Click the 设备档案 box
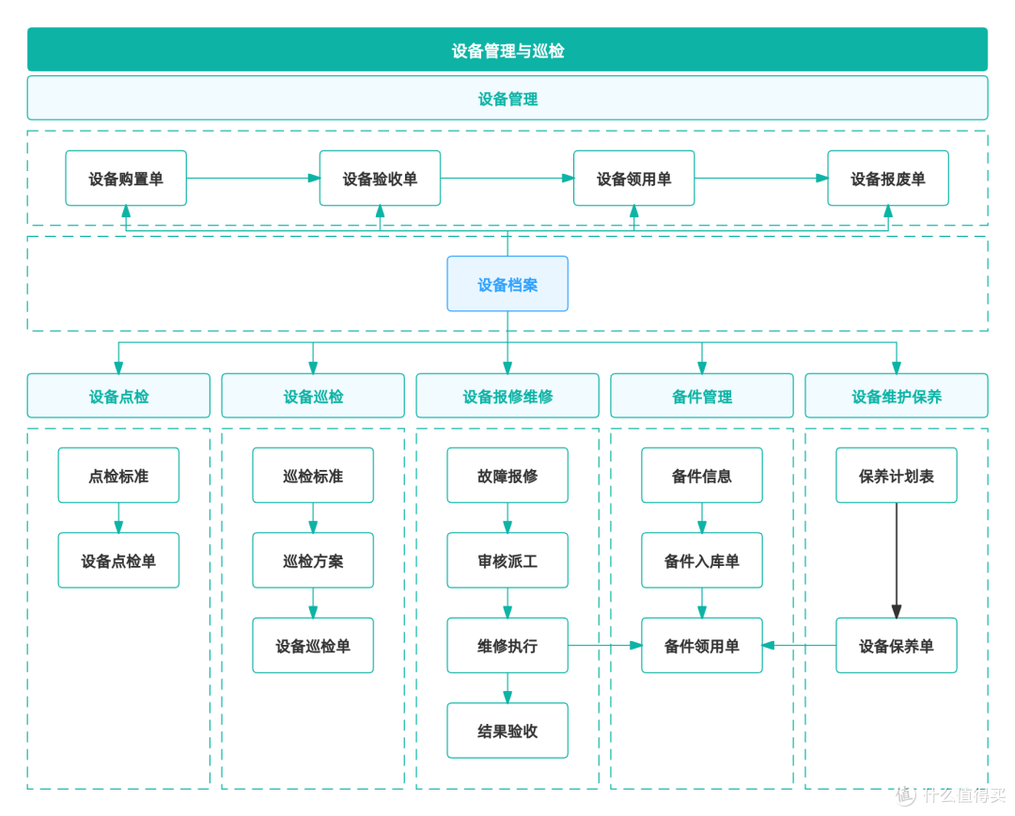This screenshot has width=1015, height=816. (507, 284)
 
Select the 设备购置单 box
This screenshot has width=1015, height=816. (126, 179)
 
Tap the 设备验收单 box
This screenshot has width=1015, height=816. (380, 179)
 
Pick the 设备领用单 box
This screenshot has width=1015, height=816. (634, 179)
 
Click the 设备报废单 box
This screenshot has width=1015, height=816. (888, 179)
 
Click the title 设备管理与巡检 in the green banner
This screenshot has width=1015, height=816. (507, 51)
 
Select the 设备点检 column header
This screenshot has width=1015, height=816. (118, 396)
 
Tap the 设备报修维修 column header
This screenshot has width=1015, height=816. (507, 396)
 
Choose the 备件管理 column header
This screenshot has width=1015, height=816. (702, 396)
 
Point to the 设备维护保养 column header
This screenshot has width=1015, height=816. (897, 396)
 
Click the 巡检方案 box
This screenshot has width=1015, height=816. (313, 560)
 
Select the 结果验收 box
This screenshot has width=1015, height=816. (507, 730)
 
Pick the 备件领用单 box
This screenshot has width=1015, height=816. (702, 646)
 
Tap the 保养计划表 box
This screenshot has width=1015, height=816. (897, 476)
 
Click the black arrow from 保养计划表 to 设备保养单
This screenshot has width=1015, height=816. (897, 560)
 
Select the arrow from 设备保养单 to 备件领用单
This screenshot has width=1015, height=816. (799, 646)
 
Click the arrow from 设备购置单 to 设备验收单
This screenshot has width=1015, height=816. (253, 179)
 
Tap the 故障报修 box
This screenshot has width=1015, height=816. (507, 476)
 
